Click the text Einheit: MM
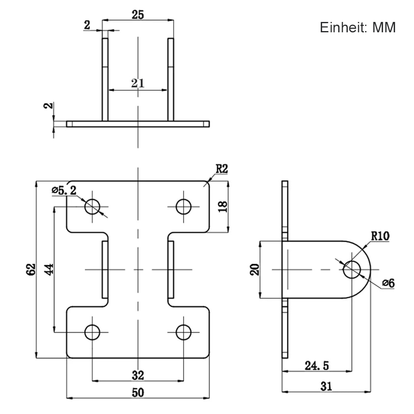point(358,28)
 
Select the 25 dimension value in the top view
point(138,15)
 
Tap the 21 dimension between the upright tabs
point(138,83)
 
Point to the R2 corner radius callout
point(221,169)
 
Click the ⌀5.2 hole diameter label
point(64,191)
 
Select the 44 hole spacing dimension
point(49,269)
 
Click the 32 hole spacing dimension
point(138,375)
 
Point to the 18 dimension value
point(223,207)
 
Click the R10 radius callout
point(380,237)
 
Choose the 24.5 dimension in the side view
point(317,366)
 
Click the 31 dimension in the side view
point(326,386)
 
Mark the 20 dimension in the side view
point(255,270)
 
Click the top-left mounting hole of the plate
point(92,206)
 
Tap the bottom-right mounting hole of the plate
point(183,332)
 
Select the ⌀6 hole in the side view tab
point(352,270)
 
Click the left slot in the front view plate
point(105,270)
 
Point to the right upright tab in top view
point(171,79)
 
